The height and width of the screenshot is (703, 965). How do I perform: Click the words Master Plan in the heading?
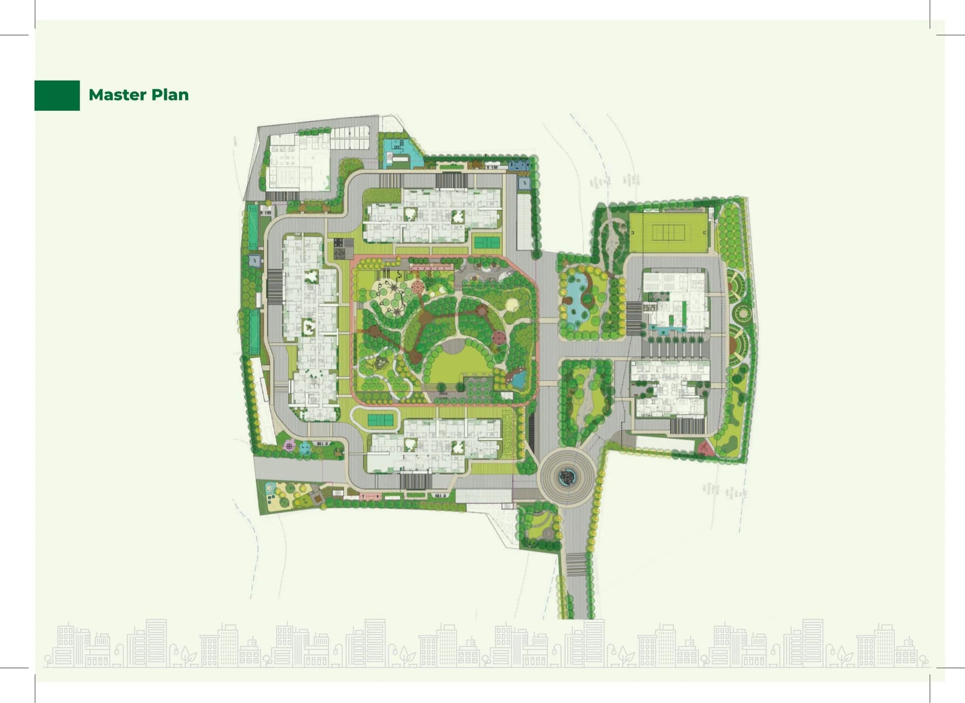click(x=138, y=95)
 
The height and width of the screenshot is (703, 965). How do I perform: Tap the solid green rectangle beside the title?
click(x=57, y=95)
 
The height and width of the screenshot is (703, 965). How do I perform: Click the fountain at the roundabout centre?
click(x=567, y=478)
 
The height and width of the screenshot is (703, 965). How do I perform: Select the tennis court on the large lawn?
click(x=668, y=233)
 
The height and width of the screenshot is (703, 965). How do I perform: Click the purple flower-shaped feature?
click(x=289, y=446)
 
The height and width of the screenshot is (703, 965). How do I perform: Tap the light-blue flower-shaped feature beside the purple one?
click(x=304, y=448)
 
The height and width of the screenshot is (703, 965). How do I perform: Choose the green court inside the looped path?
click(x=380, y=420)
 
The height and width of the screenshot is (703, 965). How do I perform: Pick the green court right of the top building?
click(x=487, y=242)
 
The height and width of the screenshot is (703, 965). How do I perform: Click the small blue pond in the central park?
click(x=519, y=379)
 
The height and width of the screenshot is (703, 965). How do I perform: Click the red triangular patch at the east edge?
click(x=705, y=449)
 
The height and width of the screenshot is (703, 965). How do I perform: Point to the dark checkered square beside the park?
click(x=343, y=249)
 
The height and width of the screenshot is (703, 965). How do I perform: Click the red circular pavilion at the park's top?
click(x=418, y=287)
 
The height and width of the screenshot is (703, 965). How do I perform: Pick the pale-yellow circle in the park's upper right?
click(x=512, y=305)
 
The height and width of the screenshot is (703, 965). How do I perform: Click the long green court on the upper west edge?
click(x=253, y=227)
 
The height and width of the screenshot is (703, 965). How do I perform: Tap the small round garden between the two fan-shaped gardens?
click(x=743, y=312)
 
